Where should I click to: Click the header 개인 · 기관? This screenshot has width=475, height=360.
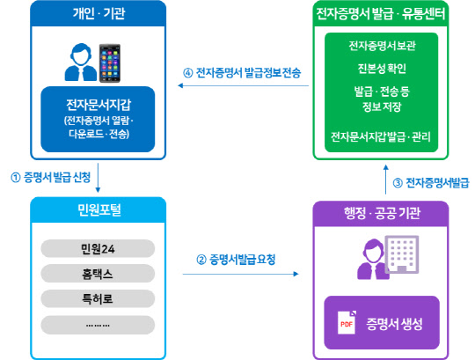[97, 14]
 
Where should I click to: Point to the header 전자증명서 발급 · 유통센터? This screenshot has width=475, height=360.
[380, 14]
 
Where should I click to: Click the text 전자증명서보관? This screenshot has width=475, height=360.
[382, 46]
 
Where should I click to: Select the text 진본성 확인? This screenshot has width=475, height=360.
[382, 69]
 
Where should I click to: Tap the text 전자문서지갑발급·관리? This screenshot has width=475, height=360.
[382, 137]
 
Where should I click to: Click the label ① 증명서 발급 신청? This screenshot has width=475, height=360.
[50, 176]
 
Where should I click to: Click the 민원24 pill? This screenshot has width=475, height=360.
[97, 248]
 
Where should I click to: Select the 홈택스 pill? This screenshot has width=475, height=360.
[97, 274]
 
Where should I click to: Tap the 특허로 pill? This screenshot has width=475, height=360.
[97, 298]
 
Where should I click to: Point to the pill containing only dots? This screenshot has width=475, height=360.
[97, 324]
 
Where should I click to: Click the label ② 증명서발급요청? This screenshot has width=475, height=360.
[236, 260]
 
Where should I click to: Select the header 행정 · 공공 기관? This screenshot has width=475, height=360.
[381, 214]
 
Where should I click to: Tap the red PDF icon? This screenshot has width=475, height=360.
[346, 323]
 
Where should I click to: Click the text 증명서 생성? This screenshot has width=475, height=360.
[394, 324]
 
